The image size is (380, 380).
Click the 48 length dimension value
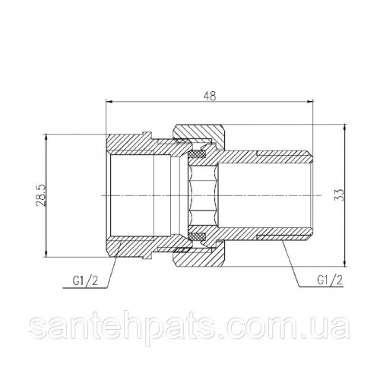coord(210,96)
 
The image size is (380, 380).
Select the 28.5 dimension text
coord(42,195)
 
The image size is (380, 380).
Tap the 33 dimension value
coord(341,195)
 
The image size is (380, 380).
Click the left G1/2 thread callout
coord(85,280)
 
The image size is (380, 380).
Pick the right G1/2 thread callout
coord(330,280)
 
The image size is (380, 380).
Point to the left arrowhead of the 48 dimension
coord(109,102)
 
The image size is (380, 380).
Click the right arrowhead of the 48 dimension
coord(310,102)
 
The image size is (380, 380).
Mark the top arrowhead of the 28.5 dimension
coord(46,138)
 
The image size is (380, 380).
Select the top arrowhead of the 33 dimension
coord(345,128)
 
